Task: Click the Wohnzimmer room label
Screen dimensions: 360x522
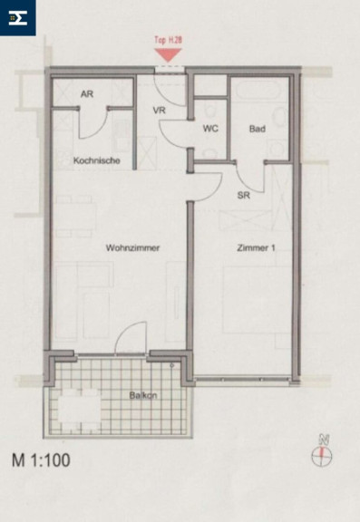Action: [132, 247]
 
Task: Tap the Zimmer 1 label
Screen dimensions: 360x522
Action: [256, 247]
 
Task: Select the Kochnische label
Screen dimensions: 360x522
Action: [97, 160]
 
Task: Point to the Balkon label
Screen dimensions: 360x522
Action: [143, 395]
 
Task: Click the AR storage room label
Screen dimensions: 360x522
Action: [87, 94]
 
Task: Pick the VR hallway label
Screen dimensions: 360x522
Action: [160, 110]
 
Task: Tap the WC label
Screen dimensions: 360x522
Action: [210, 128]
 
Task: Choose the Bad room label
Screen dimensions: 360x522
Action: [258, 129]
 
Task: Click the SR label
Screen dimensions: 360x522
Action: [243, 195]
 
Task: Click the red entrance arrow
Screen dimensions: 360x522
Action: [168, 54]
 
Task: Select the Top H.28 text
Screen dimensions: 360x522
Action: [168, 40]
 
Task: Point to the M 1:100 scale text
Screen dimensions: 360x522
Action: [41, 460]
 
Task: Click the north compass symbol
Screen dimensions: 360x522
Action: [322, 452]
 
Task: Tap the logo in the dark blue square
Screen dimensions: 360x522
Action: [17, 17]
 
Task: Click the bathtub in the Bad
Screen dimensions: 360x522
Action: [259, 89]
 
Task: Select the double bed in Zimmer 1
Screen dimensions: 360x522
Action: [258, 300]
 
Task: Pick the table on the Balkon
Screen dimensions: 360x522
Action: [80, 409]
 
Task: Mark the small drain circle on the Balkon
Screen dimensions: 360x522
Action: [172, 365]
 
